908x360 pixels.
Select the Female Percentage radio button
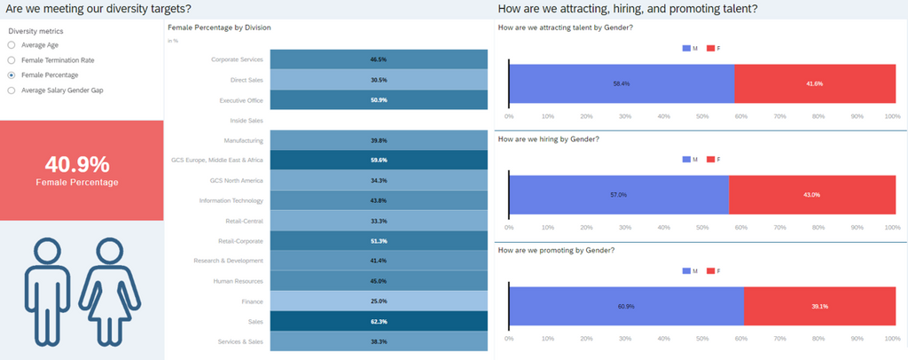(x=11, y=75)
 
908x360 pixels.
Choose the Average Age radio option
(x=11, y=45)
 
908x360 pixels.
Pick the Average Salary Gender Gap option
(x=11, y=90)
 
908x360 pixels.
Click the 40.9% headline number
(x=77, y=164)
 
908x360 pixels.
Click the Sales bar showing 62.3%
(x=379, y=321)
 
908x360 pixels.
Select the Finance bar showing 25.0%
(x=379, y=301)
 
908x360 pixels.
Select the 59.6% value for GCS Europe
(x=379, y=160)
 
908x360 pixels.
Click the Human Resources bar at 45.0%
(x=379, y=281)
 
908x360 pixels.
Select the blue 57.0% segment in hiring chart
(x=618, y=194)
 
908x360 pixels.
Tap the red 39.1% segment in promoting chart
(x=818, y=307)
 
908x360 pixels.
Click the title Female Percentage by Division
(x=219, y=28)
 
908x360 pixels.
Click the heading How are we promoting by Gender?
(x=557, y=250)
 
